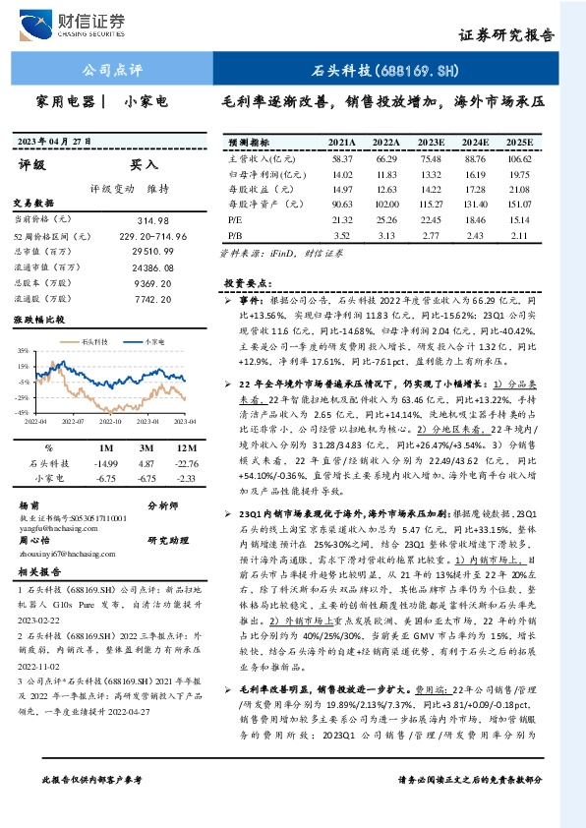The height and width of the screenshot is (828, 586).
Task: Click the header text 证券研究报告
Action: (x=506, y=35)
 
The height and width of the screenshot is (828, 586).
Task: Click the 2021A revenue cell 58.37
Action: (x=342, y=158)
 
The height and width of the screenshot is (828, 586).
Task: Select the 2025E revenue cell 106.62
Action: (x=519, y=158)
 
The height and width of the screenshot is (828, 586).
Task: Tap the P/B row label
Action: (x=236, y=236)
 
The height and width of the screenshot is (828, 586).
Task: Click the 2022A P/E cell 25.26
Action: (x=386, y=220)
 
